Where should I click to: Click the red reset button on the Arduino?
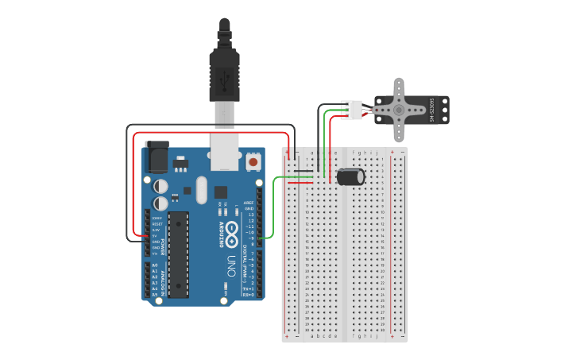253,161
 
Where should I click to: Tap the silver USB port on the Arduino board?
225,151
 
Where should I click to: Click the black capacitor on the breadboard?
350,176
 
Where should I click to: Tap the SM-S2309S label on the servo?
431,110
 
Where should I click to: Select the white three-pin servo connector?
351,110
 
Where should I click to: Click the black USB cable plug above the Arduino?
224,72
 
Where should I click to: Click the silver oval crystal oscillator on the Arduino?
200,189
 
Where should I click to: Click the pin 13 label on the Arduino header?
252,215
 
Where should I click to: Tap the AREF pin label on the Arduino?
249,203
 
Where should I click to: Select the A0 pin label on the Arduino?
155,265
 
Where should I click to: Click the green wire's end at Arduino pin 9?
262,237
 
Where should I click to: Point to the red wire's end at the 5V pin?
147,236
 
